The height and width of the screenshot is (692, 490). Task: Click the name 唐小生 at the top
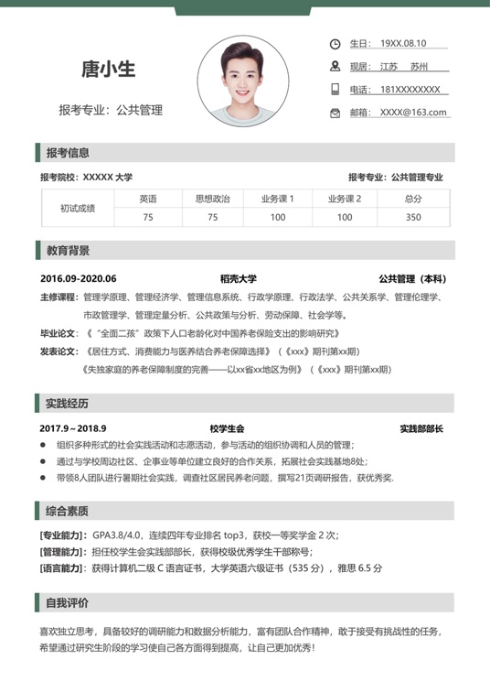[108, 70]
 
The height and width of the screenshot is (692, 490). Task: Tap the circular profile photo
[242, 81]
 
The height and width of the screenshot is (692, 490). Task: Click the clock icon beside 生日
[335, 43]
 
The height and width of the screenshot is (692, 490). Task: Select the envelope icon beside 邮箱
[335, 113]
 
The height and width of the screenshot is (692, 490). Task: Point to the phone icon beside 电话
[335, 90]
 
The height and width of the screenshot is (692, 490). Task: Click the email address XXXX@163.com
[413, 113]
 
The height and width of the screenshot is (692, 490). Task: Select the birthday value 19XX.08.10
[403, 43]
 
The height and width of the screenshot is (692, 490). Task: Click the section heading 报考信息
[68, 152]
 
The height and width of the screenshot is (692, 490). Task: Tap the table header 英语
[148, 199]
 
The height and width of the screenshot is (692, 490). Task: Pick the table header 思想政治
[212, 199]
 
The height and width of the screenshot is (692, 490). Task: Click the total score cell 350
[413, 218]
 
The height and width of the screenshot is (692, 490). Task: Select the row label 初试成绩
[78, 209]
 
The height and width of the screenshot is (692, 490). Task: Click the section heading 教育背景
[68, 250]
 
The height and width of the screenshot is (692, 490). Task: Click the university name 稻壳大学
[238, 279]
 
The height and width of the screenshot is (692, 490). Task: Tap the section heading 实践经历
[68, 403]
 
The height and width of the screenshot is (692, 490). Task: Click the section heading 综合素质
[68, 511]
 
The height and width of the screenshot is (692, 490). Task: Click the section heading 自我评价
[68, 602]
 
